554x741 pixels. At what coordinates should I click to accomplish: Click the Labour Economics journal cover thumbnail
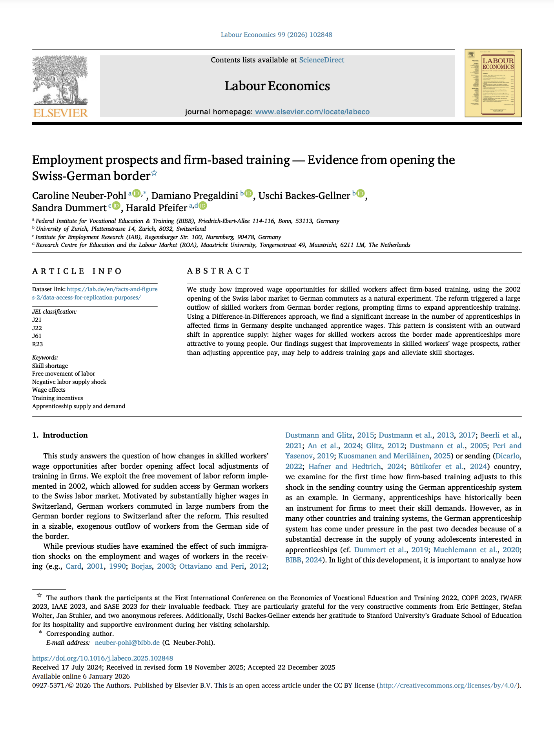coord(493,83)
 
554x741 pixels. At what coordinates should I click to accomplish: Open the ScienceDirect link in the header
coord(321,60)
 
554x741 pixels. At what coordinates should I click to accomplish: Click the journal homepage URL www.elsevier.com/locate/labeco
coord(312,112)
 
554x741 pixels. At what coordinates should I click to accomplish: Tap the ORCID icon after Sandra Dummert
coord(116,206)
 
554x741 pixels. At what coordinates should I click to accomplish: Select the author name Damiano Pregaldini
coord(195,196)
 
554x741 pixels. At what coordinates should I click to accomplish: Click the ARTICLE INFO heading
coord(77,271)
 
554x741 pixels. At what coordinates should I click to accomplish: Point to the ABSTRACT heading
coord(218,271)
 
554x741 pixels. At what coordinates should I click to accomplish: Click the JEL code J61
coord(37,336)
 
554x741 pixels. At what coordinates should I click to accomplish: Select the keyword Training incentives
coord(58,398)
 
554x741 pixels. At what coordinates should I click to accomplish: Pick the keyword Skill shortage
coord(50,366)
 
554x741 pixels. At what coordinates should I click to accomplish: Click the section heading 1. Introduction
coord(60,435)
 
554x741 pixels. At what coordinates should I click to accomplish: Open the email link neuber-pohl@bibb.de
coord(127,642)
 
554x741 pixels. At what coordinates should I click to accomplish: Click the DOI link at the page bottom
coord(102,658)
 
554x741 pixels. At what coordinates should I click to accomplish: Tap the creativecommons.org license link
coord(448,685)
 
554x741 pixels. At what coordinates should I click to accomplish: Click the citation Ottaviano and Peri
coord(211,566)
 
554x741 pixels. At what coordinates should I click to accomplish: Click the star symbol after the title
coord(155,173)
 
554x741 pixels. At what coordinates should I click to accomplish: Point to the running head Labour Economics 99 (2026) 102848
coord(276,35)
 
